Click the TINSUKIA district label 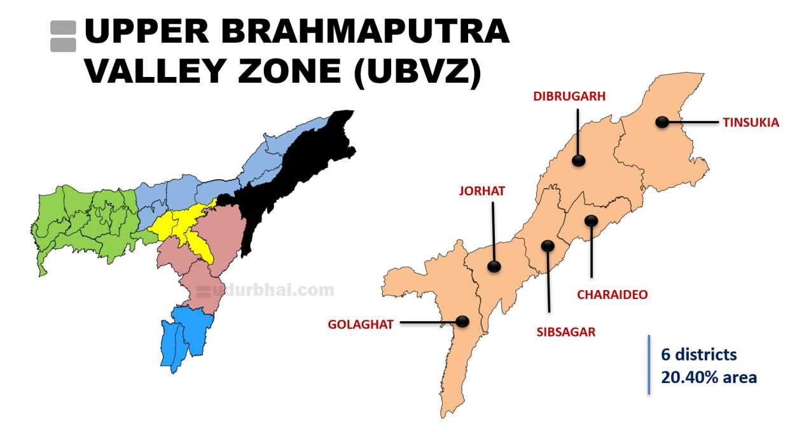[751, 123]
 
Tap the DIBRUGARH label [569, 97]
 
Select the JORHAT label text [482, 191]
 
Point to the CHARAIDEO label [612, 295]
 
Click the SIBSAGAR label [566, 331]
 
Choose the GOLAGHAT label [360, 324]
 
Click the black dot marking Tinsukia [663, 122]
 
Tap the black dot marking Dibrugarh [578, 160]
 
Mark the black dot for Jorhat [494, 267]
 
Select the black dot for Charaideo [592, 221]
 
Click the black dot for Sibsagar [547, 246]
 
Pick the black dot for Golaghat [462, 321]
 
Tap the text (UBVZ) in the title [417, 72]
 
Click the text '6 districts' [698, 354]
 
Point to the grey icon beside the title [63, 36]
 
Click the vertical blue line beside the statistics [649, 365]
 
